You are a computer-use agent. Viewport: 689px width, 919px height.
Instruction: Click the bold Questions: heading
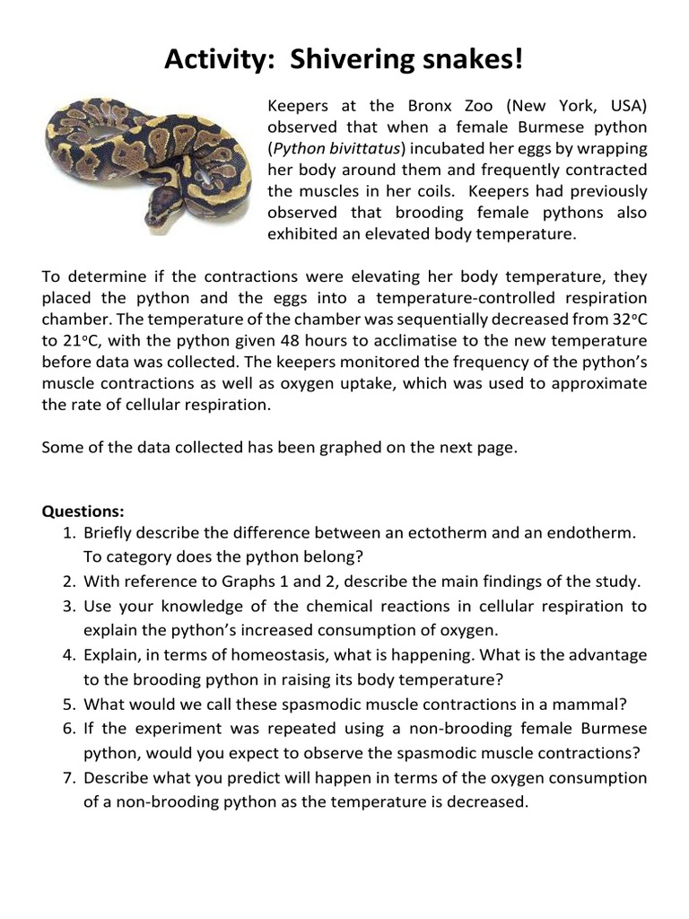tap(83, 512)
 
